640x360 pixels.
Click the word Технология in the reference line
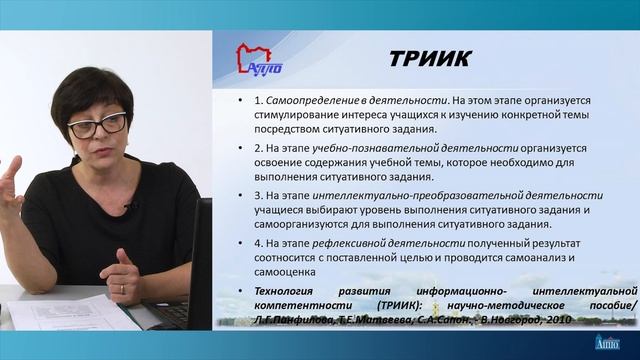[271, 291]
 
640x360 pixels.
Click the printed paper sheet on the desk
[70, 314]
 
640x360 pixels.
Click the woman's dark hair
[90, 85]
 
